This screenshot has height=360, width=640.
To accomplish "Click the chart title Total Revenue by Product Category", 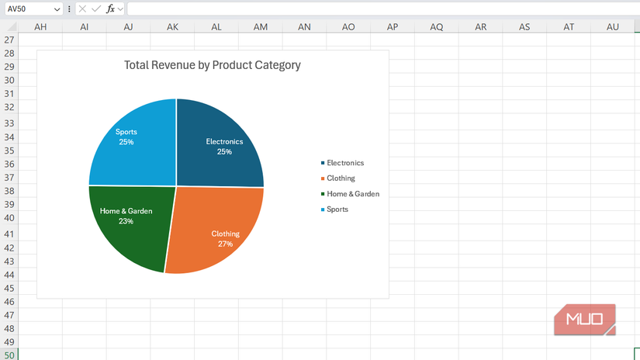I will point(212,65).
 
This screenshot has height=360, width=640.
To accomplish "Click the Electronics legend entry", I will point(344,163).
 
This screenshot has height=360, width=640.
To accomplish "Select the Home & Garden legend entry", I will point(352,194).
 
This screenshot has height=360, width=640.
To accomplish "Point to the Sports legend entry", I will point(337,209).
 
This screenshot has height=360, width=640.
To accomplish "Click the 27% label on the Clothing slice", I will point(225,244).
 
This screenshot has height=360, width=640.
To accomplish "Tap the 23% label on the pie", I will point(126,221).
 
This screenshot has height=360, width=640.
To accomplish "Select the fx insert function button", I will point(111,9).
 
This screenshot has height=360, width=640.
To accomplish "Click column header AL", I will point(216,27).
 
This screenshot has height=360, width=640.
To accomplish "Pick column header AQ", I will point(437,27).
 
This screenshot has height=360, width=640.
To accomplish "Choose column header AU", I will point(613,27).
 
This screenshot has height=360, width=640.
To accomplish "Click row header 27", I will point(9,40).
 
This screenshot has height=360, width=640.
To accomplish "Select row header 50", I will point(9,355).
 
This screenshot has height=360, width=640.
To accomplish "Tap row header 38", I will point(9,191).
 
